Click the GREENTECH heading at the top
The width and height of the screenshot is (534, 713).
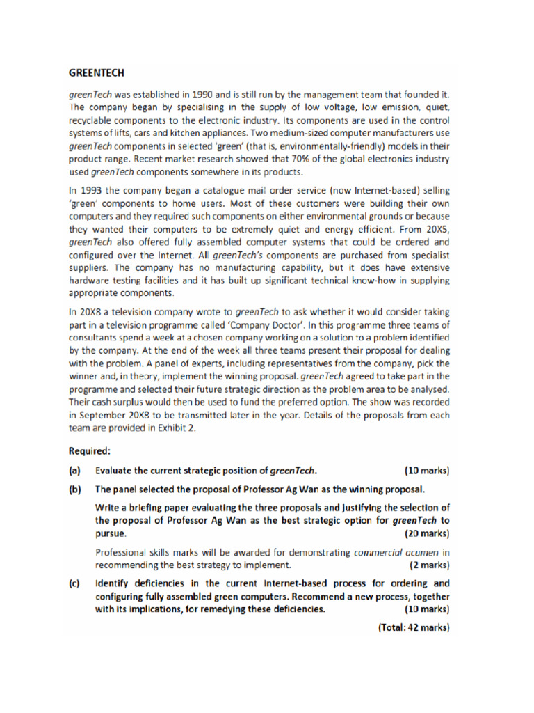pyautogui.click(x=97, y=72)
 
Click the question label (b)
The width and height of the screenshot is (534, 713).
pyautogui.click(x=75, y=489)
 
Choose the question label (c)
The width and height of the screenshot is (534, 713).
pyautogui.click(x=75, y=583)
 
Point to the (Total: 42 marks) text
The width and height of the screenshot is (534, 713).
pyautogui.click(x=414, y=627)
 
